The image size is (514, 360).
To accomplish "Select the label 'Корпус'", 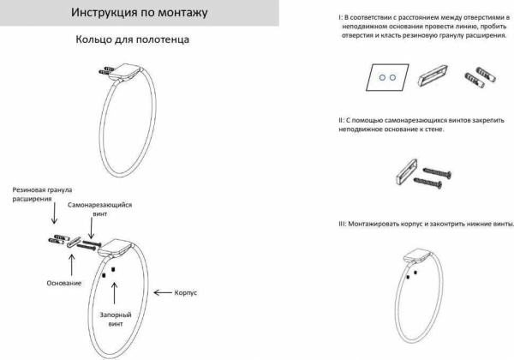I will click(184, 292).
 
